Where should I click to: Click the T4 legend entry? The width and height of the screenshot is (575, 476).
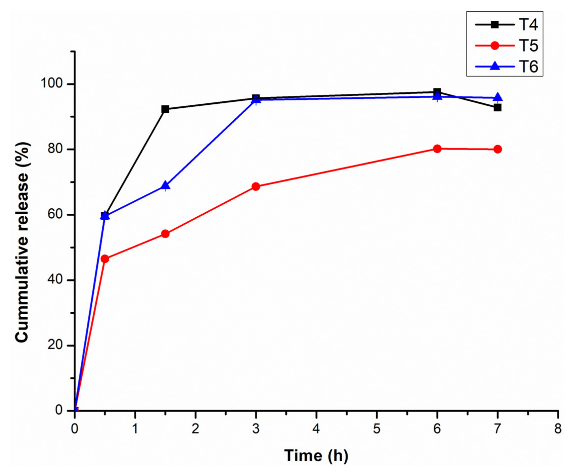tap(507, 25)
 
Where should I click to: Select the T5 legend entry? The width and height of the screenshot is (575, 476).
tap(507, 46)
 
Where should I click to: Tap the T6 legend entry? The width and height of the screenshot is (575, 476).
tap(507, 66)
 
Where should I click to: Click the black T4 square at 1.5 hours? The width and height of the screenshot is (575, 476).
tap(165, 109)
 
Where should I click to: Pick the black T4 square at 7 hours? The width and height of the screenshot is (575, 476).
tap(498, 108)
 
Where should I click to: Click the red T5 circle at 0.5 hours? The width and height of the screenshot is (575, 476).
tap(105, 259)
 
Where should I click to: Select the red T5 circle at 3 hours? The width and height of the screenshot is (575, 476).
tap(256, 187)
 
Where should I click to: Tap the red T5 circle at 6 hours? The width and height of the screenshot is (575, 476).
tap(437, 149)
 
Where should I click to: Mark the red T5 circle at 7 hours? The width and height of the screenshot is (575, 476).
tap(498, 149)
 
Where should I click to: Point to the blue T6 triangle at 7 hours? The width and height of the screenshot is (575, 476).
tap(498, 97)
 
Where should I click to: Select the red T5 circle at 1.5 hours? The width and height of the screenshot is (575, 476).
tap(165, 234)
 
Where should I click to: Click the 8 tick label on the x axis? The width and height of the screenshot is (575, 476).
tap(558, 429)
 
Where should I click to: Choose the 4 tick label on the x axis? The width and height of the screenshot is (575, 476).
tap(316, 429)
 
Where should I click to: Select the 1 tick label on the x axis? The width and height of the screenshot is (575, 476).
tap(135, 429)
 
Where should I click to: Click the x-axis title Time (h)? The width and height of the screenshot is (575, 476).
tap(316, 456)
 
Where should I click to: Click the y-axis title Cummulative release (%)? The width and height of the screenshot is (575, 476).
tap(22, 242)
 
